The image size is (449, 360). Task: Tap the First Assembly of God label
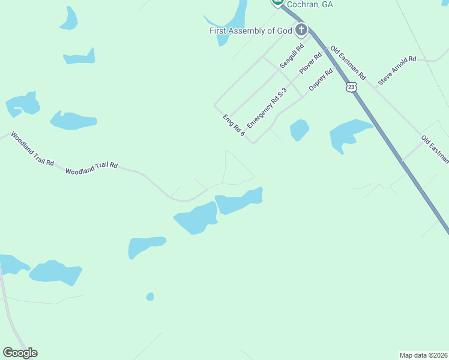pyautogui.click(x=250, y=31)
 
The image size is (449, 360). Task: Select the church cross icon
pyautogui.click(x=301, y=29)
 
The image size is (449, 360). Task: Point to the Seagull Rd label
pyautogui.click(x=292, y=55)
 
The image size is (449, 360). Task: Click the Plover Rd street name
pyautogui.click(x=310, y=62)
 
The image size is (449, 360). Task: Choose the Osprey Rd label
pyautogui.click(x=321, y=80)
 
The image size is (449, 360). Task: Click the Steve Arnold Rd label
pyautogui.click(x=397, y=70)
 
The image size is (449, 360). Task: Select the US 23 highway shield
pyautogui.click(x=351, y=87)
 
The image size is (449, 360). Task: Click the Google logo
pyautogui.click(x=20, y=353)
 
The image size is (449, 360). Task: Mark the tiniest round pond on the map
pyautogui.click(x=150, y=296)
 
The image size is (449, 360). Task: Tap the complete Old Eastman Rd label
pyautogui.click(x=348, y=65)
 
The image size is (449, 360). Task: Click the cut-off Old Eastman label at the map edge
pyautogui.click(x=435, y=149)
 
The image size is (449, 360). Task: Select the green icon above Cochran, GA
pyautogui.click(x=278, y=2)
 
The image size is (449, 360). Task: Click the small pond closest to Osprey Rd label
pyautogui.click(x=299, y=130)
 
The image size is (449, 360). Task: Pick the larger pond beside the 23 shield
pyautogui.click(x=349, y=134)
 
